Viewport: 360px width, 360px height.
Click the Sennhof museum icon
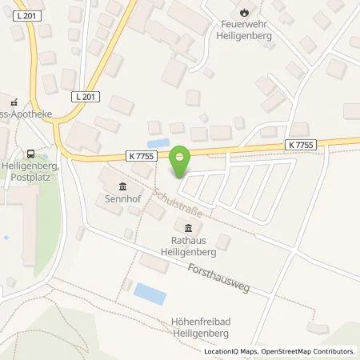[110, 185]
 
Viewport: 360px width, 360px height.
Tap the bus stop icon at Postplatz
[30, 154]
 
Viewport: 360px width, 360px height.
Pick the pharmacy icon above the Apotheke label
[14, 102]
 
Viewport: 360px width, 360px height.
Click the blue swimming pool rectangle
[150, 292]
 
